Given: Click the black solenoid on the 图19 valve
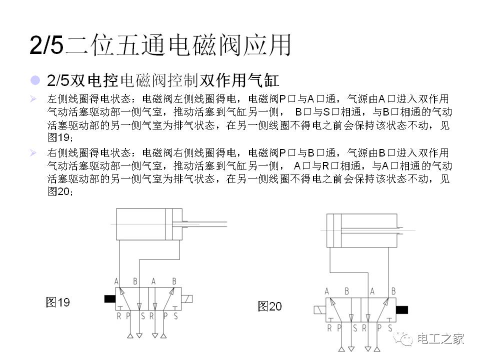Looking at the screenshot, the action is click(x=110, y=299).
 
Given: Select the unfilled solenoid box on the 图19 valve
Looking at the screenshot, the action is click(x=186, y=299).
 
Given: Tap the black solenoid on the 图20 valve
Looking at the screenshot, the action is click(x=402, y=310).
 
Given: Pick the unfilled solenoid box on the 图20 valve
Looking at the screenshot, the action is click(x=320, y=310).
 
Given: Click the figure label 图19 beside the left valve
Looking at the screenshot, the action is click(x=57, y=302).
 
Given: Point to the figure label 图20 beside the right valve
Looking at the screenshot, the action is click(x=269, y=306).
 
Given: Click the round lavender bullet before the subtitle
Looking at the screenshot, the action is click(x=35, y=80).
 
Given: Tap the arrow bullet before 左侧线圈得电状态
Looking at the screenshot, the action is click(x=33, y=99).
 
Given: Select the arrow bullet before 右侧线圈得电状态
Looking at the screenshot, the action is click(x=33, y=153).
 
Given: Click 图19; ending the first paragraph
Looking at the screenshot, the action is click(x=60, y=137).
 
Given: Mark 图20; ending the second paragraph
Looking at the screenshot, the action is click(x=60, y=191).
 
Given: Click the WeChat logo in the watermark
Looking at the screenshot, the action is click(x=403, y=338).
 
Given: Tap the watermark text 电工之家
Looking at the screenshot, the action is click(x=440, y=339).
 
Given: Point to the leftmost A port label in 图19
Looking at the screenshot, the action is click(x=116, y=281).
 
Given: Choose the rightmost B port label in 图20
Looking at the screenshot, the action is click(x=393, y=291).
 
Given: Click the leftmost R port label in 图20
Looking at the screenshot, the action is click(x=329, y=328).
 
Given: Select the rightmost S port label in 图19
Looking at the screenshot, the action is click(x=175, y=316).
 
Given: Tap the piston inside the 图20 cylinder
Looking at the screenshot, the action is click(x=337, y=230).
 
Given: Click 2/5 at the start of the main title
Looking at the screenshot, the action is click(x=46, y=45).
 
